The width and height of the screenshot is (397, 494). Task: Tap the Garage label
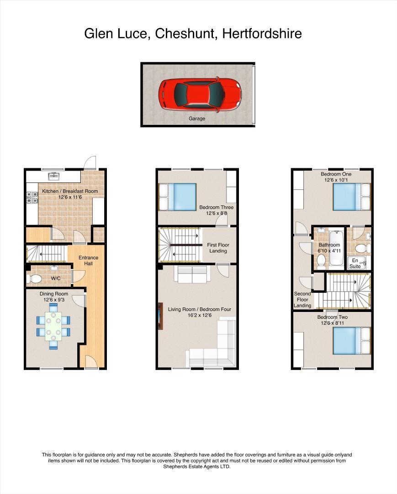click(x=197, y=118)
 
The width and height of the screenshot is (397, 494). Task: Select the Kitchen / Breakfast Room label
click(x=70, y=191)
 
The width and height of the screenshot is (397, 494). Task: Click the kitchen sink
click(x=54, y=175)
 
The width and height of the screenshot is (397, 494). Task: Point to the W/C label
click(x=56, y=278)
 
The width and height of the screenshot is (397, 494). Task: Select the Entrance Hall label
click(x=88, y=261)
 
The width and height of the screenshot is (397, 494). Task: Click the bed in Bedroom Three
click(x=178, y=197)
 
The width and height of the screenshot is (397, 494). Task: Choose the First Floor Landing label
click(x=218, y=248)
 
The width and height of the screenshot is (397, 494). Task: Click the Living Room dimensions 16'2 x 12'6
click(x=200, y=316)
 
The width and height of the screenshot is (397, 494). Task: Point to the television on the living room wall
click(x=160, y=316)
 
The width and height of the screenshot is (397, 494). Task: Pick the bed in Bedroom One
click(x=351, y=196)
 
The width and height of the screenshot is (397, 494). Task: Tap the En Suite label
click(x=355, y=263)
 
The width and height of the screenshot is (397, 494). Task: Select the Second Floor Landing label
click(x=302, y=300)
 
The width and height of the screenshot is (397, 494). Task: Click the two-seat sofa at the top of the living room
click(x=191, y=274)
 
